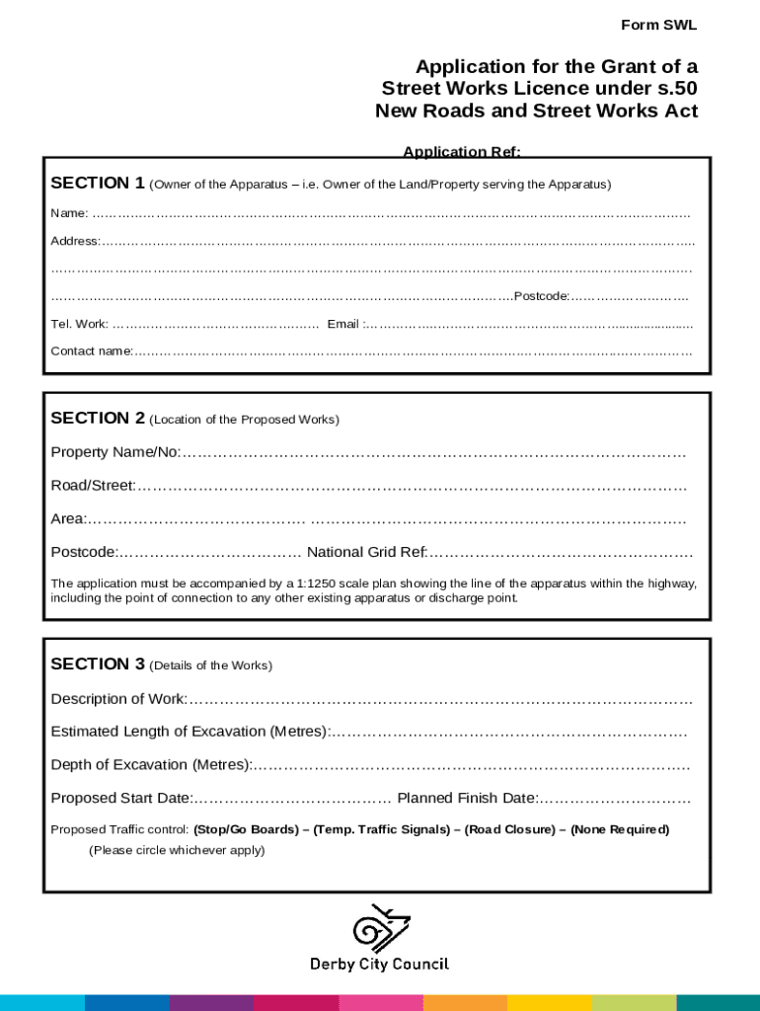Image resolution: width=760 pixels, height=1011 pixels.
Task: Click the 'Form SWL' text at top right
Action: coord(658,25)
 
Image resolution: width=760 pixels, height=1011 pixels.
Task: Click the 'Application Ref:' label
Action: coord(461,152)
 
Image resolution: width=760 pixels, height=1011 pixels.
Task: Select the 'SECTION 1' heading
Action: coord(98,183)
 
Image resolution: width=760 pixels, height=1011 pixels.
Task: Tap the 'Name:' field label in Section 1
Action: coord(69,213)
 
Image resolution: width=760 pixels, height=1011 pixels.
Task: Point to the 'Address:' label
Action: coord(75,241)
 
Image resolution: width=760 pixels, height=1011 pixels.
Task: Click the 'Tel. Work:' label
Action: coord(80,324)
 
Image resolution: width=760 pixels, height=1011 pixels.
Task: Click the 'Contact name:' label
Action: coord(92,350)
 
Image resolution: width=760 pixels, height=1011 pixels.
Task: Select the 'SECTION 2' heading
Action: coord(98,419)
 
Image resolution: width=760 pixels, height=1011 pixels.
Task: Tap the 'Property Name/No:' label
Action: coord(115,452)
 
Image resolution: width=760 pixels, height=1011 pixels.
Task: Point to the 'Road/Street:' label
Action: coord(93,486)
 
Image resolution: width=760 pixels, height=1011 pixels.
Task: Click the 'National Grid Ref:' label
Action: coord(368,552)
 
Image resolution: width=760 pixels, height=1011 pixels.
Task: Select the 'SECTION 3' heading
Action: coord(98,664)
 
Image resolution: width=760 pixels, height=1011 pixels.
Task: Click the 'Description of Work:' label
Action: coord(118,699)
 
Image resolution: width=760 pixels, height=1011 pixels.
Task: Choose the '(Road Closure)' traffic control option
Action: coord(509,829)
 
